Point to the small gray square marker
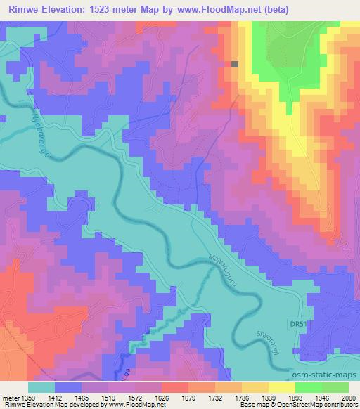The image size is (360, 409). (235, 64)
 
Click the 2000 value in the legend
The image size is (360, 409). (347, 397)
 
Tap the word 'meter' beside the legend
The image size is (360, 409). (11, 397)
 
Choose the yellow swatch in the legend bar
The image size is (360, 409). (282, 387)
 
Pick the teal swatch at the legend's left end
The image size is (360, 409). (43, 387)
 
